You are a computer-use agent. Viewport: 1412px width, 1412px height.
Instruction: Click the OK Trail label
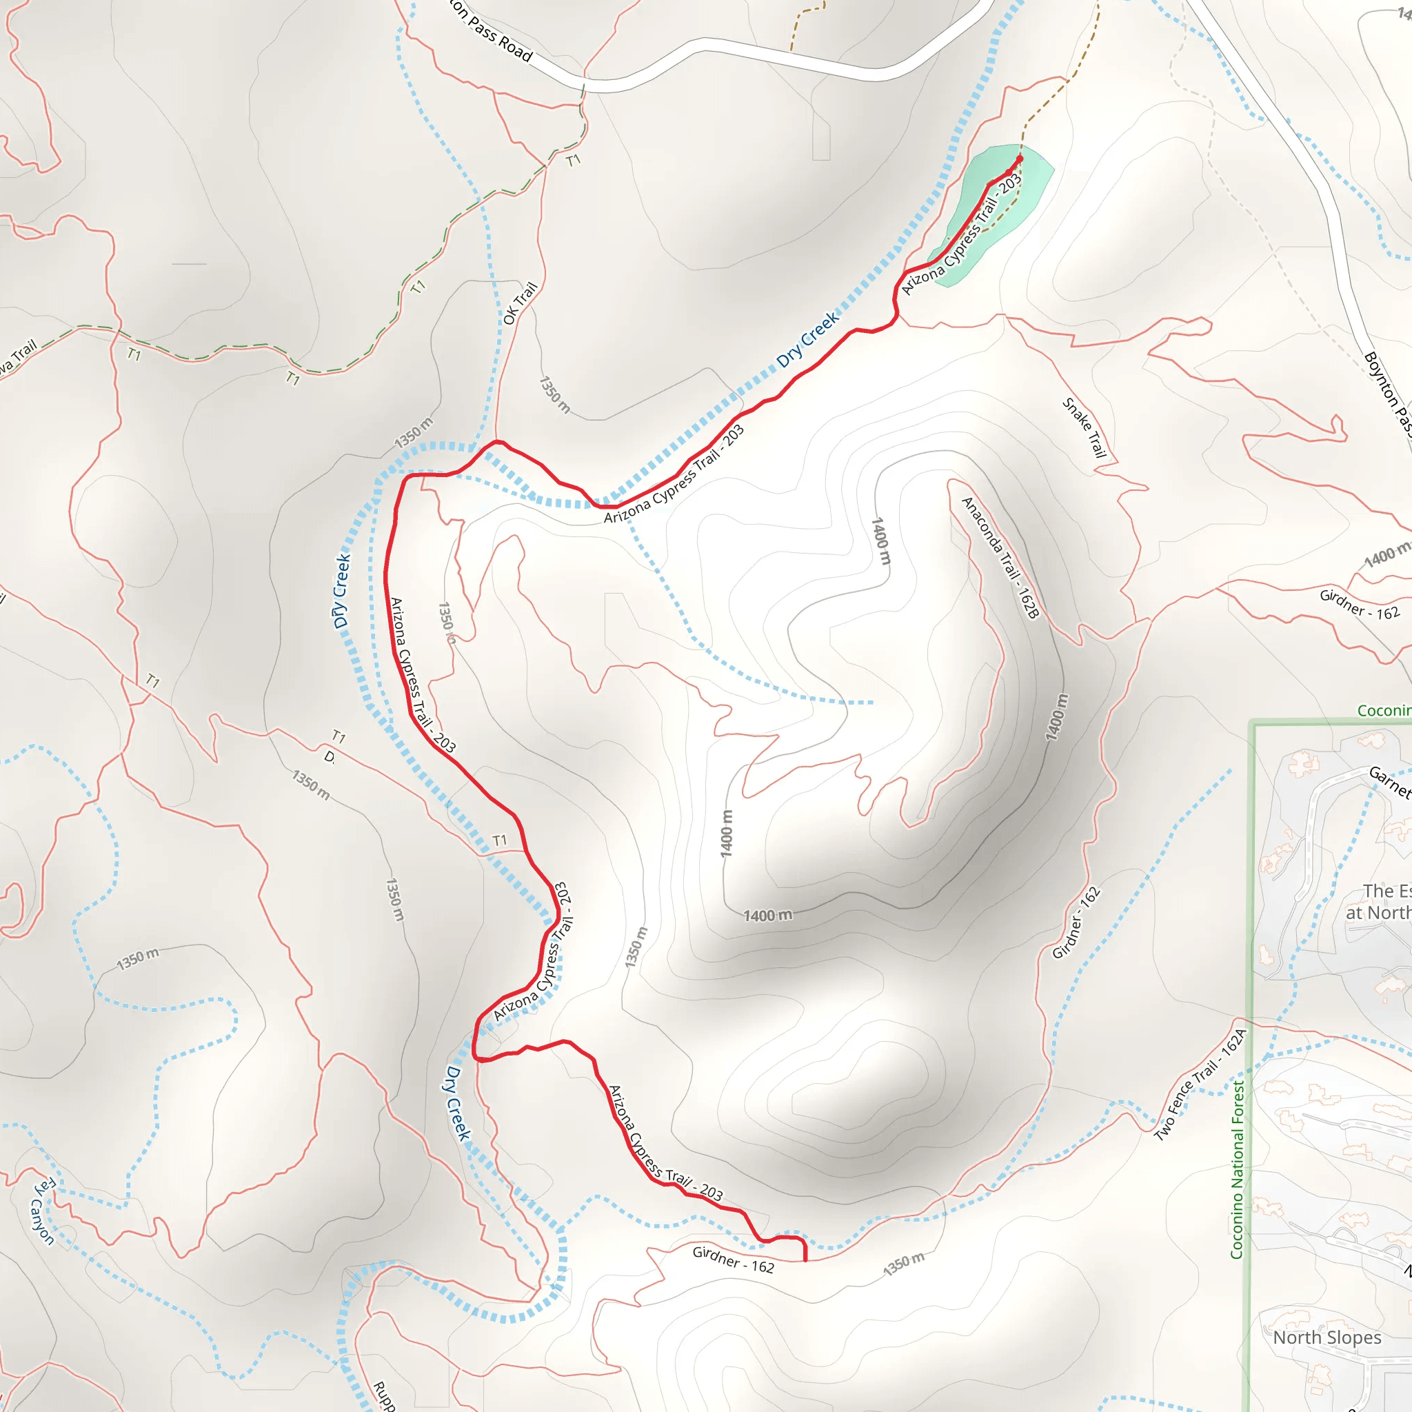coord(520,303)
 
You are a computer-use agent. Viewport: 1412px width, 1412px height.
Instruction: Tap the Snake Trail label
coord(1085,427)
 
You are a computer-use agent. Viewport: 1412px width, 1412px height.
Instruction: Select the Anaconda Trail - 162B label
coord(999,558)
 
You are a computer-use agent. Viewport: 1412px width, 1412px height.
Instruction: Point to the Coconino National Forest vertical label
coord(1237,1169)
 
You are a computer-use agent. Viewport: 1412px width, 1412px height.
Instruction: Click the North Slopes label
coord(1327,1338)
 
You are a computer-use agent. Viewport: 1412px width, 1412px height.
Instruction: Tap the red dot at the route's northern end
coord(1020,158)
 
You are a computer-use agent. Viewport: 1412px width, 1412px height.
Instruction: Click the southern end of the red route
coord(805,1260)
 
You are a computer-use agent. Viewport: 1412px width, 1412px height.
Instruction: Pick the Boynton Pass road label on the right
coord(1387,394)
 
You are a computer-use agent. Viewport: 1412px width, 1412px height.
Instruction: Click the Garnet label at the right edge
coord(1389,780)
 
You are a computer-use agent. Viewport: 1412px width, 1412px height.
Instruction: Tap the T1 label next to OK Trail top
coord(573,159)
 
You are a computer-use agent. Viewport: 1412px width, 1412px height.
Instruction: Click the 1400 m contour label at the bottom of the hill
coord(767,916)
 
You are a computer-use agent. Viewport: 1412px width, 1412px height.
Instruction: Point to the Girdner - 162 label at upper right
coord(1360,605)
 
